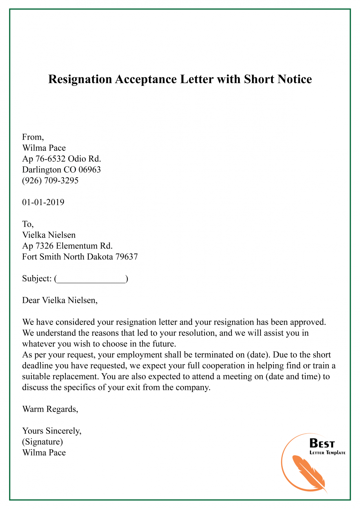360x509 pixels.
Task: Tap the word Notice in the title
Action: pyautogui.click(x=294, y=80)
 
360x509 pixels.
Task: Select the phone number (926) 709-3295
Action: pyautogui.click(x=50, y=181)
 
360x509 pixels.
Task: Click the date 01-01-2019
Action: pyautogui.click(x=43, y=202)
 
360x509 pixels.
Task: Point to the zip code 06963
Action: pyautogui.click(x=90, y=170)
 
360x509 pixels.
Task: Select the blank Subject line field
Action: pyautogui.click(x=91, y=279)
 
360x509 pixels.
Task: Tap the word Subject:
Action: pyautogui.click(x=37, y=279)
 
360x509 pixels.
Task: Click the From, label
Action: pyautogui.click(x=33, y=137)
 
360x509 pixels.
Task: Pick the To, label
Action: pyautogui.click(x=28, y=224)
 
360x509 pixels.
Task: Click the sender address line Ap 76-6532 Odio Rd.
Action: pyautogui.click(x=62, y=159)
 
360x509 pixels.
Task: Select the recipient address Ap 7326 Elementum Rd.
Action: pyautogui.click(x=67, y=246)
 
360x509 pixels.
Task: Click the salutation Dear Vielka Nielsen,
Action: pyautogui.click(x=60, y=300)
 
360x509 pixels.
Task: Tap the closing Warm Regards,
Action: pyautogui.click(x=50, y=409)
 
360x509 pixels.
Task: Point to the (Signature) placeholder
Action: pyautogui.click(x=42, y=442)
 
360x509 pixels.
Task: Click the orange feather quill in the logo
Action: pyautogui.click(x=308, y=473)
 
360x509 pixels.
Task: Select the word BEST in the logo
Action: pyautogui.click(x=322, y=443)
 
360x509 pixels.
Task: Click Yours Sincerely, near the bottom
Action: pyautogui.click(x=52, y=431)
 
